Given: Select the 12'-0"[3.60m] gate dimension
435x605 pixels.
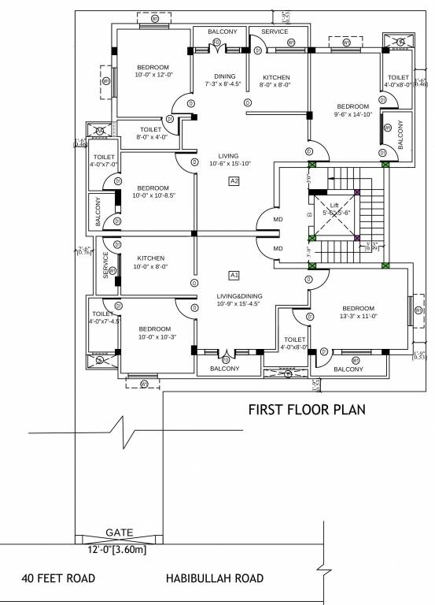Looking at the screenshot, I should click(x=116, y=550).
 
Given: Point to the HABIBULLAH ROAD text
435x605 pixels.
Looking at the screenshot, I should click(x=214, y=579).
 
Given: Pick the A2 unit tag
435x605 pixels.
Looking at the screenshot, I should click(x=234, y=181).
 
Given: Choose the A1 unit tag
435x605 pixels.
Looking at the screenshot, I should click(x=234, y=275).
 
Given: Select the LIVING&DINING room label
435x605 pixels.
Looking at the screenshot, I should click(x=240, y=300).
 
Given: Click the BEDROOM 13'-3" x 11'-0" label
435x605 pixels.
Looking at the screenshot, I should click(x=358, y=312).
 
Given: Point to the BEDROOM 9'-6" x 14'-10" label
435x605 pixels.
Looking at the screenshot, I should click(x=352, y=110).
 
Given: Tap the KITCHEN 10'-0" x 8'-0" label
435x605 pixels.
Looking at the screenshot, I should click(x=150, y=262).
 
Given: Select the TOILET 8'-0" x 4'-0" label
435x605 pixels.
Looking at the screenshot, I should click(x=150, y=133).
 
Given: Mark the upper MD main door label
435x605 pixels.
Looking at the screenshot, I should click(x=277, y=219).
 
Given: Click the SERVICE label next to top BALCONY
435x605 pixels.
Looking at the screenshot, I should click(x=275, y=32).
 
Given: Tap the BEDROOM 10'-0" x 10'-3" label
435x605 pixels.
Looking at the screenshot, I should click(x=154, y=332).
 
